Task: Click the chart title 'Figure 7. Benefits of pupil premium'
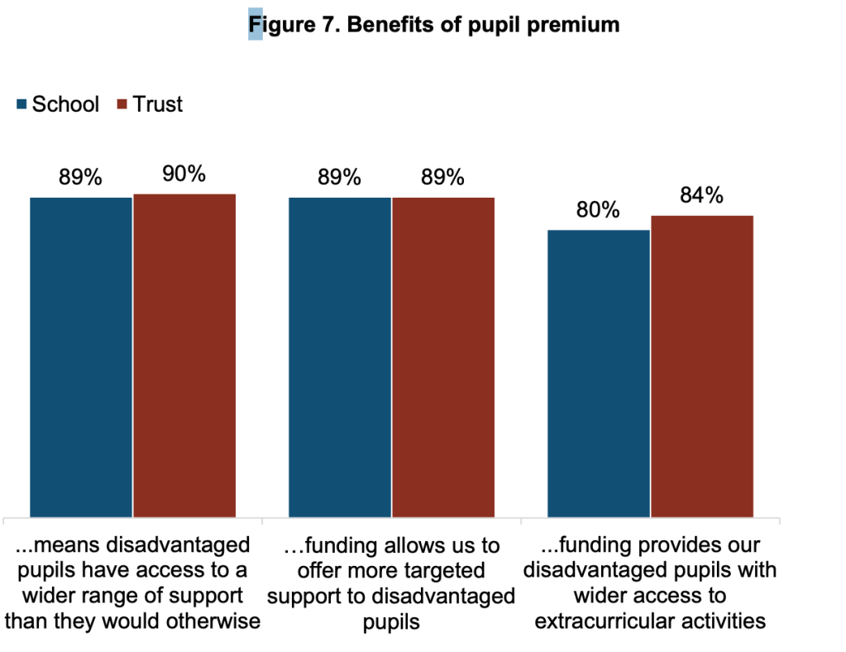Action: point(433,25)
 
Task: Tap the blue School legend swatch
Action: point(22,104)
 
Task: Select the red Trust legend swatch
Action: point(122,104)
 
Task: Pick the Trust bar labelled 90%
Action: point(184,356)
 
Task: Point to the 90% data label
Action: point(184,174)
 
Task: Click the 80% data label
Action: point(598,210)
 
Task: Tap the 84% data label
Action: point(701,195)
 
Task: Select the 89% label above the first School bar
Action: point(80,178)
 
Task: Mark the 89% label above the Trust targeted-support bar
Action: point(442,178)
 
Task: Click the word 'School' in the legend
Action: point(65,104)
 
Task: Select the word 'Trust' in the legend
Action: point(158,104)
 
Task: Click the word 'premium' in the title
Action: point(576,25)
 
